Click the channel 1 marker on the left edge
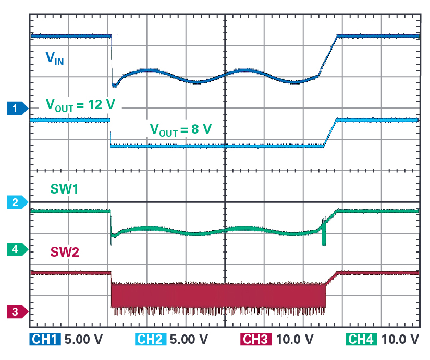click(x=16, y=109)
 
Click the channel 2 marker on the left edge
click(x=16, y=202)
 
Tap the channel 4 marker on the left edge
click(x=16, y=249)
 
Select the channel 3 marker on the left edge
click(x=16, y=311)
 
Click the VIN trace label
click(x=55, y=58)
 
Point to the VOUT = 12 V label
click(x=80, y=104)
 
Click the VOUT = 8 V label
click(x=180, y=128)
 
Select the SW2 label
click(x=65, y=252)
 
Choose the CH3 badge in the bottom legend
click(x=256, y=339)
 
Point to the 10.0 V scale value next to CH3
click(x=292, y=339)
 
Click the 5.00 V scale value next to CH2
click(x=188, y=339)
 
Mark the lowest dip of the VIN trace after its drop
click(x=114, y=85)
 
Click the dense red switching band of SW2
click(x=219, y=295)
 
